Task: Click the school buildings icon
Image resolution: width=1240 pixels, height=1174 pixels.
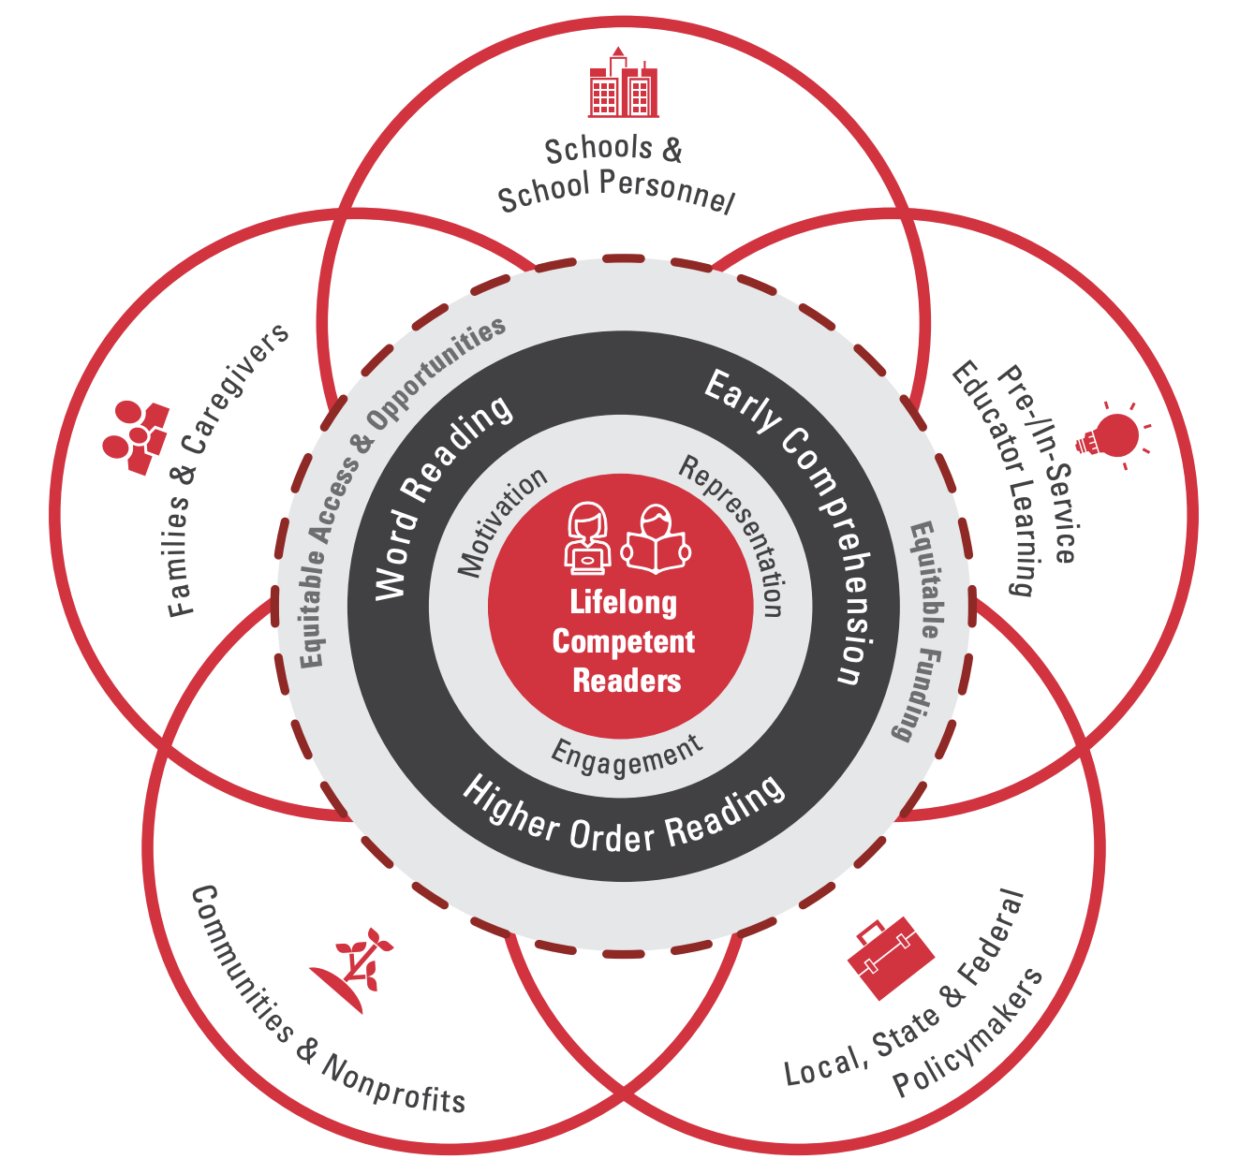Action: point(622,84)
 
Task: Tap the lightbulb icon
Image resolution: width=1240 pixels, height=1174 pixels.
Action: point(1113,436)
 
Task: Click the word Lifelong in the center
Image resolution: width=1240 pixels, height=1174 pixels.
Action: point(623,602)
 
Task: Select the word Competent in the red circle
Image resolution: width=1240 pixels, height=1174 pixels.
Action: point(623,642)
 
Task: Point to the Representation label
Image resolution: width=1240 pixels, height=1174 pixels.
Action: point(736,535)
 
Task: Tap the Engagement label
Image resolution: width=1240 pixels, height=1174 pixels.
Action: point(626,756)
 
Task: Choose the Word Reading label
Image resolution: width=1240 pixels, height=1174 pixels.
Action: point(441,496)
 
